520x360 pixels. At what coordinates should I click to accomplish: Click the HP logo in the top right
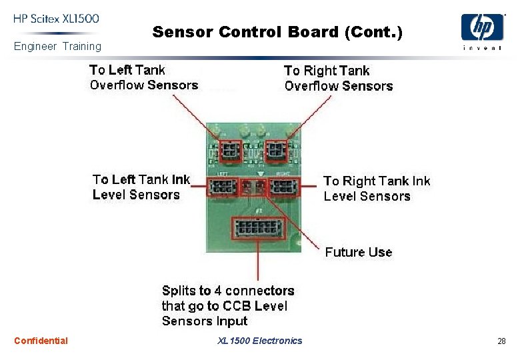pos(482,29)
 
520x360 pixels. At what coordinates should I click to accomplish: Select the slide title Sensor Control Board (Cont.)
pos(277,31)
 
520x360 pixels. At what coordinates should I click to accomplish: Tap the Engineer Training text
pos(58,46)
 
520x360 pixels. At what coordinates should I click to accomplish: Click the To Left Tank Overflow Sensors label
pos(143,77)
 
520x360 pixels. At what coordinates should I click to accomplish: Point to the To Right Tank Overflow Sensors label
pos(338,78)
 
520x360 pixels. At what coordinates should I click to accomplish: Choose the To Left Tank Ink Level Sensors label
pos(141,187)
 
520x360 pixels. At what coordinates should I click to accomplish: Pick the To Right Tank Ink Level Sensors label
pos(377,189)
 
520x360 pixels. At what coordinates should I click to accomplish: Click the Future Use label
pos(358,252)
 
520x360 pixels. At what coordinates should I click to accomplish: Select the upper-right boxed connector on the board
pos(275,151)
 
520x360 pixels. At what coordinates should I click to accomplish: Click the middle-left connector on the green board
pos(223,187)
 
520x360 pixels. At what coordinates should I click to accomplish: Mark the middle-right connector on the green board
pos(285,187)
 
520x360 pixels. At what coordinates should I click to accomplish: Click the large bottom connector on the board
pos(257,229)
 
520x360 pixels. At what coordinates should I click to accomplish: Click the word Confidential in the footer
pos(41,341)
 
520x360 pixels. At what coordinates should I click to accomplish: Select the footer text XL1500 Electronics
pos(259,341)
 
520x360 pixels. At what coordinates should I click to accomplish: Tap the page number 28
pos(501,341)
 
